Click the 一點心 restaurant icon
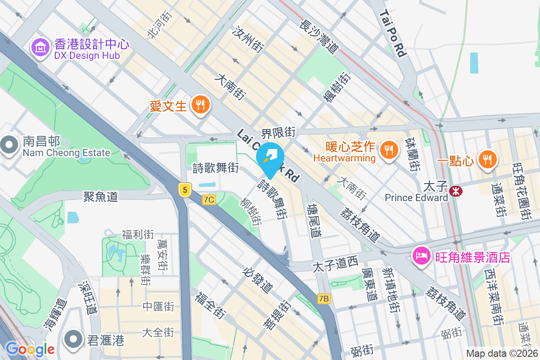coord(486,159)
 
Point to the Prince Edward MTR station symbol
coord(456,191)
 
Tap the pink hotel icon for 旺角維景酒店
coord(421,256)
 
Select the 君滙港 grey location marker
coord(74,338)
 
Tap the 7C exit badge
coord(209,199)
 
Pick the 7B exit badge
coord(324,298)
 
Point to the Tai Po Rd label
coord(393,34)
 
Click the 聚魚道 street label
coord(100,196)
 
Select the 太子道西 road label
coord(335,264)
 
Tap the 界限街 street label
coord(279,132)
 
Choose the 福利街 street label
coord(138,234)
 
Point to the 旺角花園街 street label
coord(522,191)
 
